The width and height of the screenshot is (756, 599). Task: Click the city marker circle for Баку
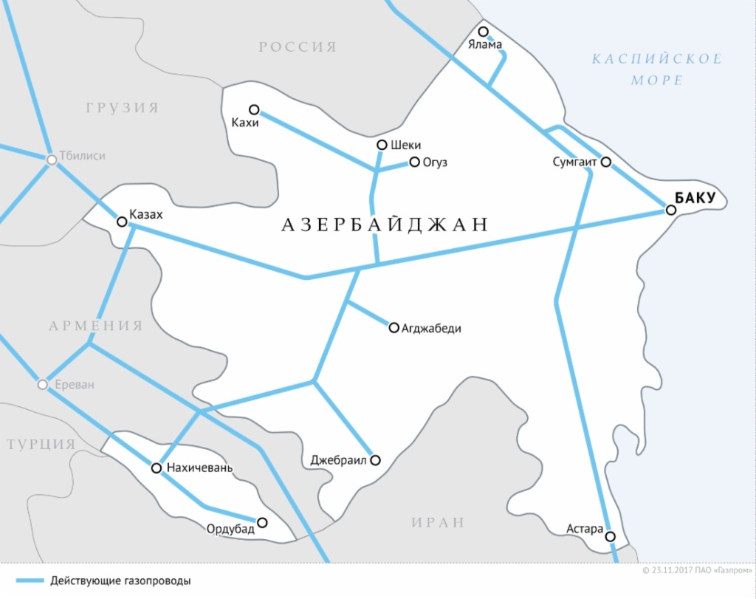pos(671,210)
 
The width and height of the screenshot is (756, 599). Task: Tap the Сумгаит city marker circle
pos(605,162)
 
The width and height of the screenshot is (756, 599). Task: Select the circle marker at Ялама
pos(484,32)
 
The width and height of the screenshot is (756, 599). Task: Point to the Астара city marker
pos(611,536)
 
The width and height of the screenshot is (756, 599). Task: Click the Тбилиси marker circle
pos(52,160)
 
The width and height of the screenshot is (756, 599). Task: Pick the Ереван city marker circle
pos(42,385)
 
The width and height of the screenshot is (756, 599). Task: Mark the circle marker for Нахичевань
pos(156,468)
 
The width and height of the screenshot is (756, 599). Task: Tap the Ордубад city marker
pos(261,522)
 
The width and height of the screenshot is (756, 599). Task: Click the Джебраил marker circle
pos(375,460)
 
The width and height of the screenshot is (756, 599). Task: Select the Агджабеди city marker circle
pos(394,327)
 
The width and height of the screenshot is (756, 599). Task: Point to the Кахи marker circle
pos(254,109)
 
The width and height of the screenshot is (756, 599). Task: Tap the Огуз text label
pos(436,162)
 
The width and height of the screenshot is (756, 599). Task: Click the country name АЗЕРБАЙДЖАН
pos(385,225)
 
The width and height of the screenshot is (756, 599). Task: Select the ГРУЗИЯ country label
pos(123,108)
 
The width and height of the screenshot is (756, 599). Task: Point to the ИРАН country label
pos(438,522)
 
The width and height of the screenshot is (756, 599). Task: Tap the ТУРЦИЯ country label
pos(41,444)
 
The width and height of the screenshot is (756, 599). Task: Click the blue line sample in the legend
pos(30,581)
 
